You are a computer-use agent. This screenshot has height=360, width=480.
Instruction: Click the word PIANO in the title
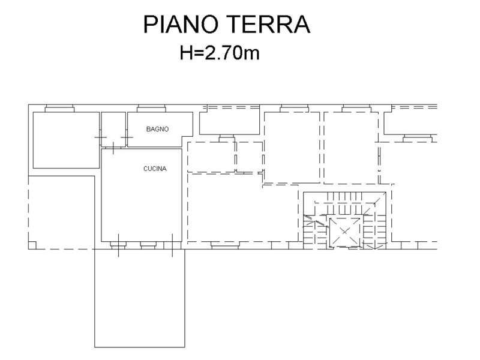coord(181,24)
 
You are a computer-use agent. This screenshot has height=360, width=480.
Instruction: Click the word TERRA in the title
coord(269,24)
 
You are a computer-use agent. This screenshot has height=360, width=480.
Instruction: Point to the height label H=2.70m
coord(220,53)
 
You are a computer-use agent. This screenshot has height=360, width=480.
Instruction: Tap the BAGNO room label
coord(157,129)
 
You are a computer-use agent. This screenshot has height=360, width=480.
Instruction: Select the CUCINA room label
coord(155,169)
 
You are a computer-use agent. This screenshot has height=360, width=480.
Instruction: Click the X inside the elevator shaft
coord(344,231)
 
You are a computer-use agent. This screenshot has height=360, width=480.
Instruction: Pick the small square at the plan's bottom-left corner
coord(32,245)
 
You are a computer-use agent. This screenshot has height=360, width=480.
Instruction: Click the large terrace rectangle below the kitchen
coord(140,298)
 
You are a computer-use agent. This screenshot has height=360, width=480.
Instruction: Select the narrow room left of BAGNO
coord(113,129)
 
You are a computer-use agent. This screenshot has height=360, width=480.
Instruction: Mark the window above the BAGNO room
coord(152,109)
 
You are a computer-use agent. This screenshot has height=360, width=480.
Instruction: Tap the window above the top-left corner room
coord(59,109)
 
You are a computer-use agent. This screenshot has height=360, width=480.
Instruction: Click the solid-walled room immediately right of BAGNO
coord(230,123)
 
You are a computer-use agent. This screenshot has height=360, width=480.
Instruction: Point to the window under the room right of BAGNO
coord(227,139)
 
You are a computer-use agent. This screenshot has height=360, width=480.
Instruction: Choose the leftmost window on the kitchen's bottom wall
coord(118,245)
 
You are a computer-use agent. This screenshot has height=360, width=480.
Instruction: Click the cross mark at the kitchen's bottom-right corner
coord(172,245)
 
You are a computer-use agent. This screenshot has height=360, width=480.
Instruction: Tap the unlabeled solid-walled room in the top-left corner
coord(66,140)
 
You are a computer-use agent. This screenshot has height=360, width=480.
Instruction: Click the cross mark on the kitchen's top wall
coord(113,148)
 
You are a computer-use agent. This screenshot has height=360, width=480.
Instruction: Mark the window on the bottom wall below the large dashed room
coord(225,245)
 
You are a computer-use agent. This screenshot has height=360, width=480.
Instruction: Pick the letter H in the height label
coord(186,53)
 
